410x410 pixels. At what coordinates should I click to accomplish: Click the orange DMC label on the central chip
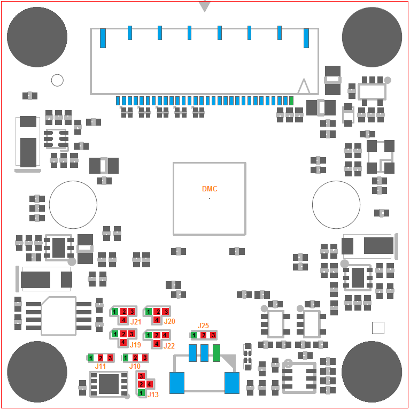pyautogui.click(x=210, y=189)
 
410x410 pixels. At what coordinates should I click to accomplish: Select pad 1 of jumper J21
pyautogui.click(x=114, y=312)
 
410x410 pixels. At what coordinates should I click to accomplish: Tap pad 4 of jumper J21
pyautogui.click(x=123, y=320)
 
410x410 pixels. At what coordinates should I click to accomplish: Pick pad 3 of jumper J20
pyautogui.click(x=165, y=312)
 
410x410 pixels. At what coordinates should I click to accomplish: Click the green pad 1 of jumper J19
pyautogui.click(x=114, y=334)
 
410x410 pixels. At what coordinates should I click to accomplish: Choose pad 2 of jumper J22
pyautogui.click(x=157, y=335)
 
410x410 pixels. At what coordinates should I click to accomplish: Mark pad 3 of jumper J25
pyautogui.click(x=213, y=335)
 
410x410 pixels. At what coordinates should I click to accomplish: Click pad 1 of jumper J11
pyautogui.click(x=91, y=358)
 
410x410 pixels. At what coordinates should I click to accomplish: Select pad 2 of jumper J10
pyautogui.click(x=135, y=358)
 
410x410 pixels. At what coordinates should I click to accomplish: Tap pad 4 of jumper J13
pyautogui.click(x=149, y=384)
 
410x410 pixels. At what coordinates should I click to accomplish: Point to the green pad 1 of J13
pyautogui.click(x=141, y=392)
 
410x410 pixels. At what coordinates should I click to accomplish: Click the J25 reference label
pyautogui.click(x=203, y=326)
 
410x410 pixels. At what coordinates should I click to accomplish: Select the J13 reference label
pyautogui.click(x=153, y=394)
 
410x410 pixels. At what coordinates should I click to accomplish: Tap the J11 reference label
pyautogui.click(x=100, y=366)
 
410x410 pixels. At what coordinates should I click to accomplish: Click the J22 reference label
pyautogui.click(x=169, y=346)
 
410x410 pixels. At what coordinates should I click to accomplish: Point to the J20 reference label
pyautogui.click(x=169, y=321)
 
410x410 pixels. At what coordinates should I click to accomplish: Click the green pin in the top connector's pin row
pyautogui.click(x=291, y=100)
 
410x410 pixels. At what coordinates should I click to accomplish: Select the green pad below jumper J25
pyautogui.click(x=216, y=353)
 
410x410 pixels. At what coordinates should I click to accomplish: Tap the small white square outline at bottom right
pyautogui.click(x=378, y=328)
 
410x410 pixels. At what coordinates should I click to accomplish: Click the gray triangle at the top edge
pyautogui.click(x=205, y=6)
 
